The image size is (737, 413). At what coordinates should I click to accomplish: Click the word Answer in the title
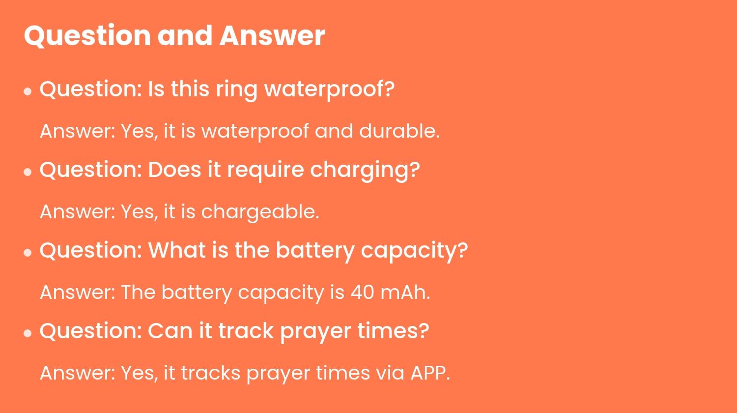coord(272,35)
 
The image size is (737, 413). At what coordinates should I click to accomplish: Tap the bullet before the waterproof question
coord(28,91)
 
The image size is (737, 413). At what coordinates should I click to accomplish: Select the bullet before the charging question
coord(28,172)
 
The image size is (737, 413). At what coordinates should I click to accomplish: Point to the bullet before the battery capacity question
coord(28,252)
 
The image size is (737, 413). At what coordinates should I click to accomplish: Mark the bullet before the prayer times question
coord(28,333)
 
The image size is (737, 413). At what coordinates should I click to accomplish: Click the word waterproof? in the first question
coord(329,89)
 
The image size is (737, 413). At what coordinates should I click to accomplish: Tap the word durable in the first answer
coord(399,131)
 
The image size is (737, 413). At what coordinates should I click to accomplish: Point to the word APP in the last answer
coord(430,373)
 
